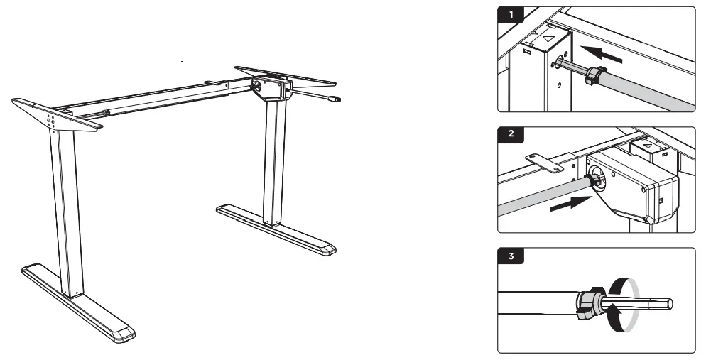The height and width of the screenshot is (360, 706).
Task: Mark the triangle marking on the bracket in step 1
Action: tap(547, 40)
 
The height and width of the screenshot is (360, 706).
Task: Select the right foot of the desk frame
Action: tap(277, 229)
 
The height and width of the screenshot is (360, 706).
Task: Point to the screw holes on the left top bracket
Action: tap(51, 119)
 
